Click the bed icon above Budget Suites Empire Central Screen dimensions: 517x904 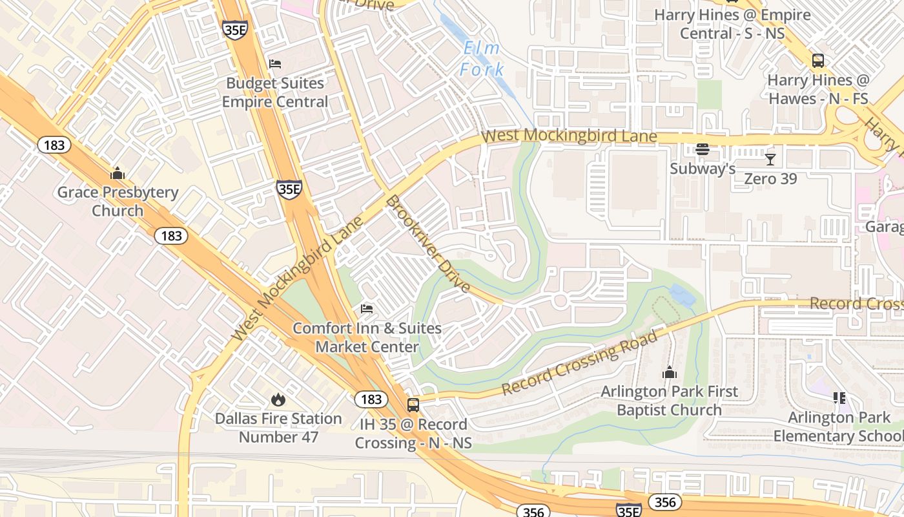[275, 64]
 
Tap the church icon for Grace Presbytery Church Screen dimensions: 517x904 [118, 173]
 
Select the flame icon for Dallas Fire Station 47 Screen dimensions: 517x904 [278, 399]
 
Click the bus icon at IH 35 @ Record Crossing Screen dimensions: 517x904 [413, 405]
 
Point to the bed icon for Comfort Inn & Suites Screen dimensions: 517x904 [367, 309]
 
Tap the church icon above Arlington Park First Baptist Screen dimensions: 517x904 [670, 372]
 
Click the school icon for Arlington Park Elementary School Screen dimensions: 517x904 [839, 397]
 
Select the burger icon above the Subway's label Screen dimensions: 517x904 [703, 150]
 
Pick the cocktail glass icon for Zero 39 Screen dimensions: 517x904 [770, 159]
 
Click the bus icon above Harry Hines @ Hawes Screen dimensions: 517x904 [817, 61]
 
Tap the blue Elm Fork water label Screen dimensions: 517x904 [482, 59]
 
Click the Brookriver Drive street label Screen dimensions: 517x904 [428, 244]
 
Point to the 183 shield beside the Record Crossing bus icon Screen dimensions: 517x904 [371, 399]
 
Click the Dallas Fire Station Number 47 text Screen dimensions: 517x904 [278, 428]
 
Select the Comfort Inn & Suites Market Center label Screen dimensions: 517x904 [367, 337]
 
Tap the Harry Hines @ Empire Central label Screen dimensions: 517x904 [732, 24]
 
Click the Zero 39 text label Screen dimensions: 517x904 [770, 178]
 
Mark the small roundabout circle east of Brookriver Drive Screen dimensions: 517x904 [560, 301]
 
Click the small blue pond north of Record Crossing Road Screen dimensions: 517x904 [682, 295]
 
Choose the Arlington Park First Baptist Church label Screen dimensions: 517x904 [670, 401]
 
